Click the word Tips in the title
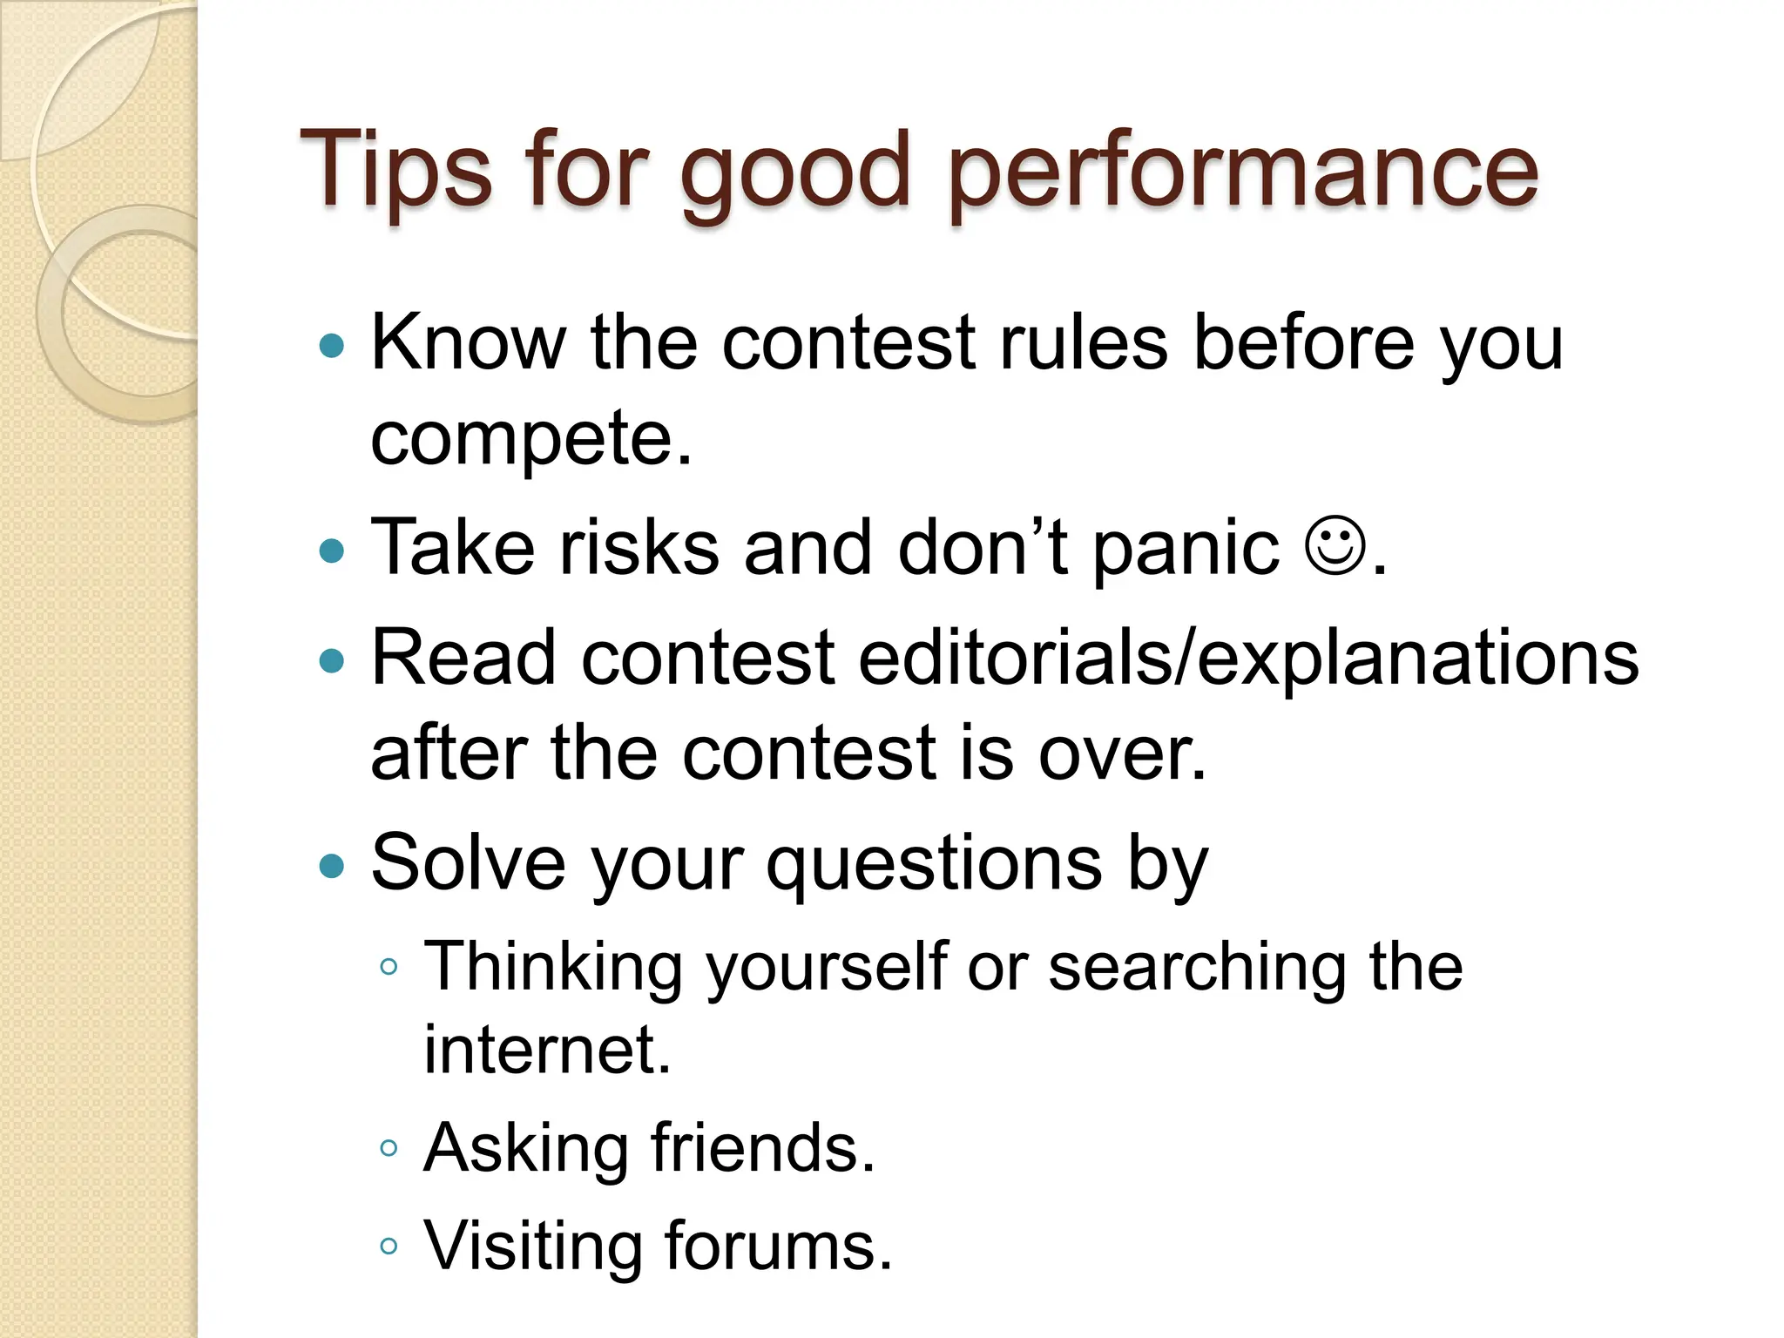(396, 170)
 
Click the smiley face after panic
(1335, 547)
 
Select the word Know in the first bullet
(469, 342)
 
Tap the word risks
(639, 548)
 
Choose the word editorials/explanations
(1247, 659)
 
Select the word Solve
(469, 862)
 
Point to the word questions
(934, 866)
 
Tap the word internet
(547, 1050)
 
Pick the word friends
(762, 1148)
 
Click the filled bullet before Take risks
(332, 551)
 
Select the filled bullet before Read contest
(332, 660)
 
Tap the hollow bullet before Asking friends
(389, 1148)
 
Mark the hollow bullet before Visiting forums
(389, 1247)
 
